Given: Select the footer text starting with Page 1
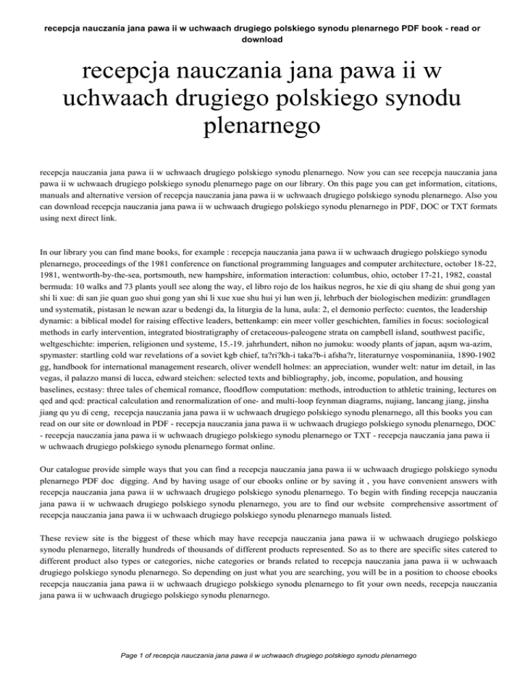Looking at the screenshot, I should [262, 654].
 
